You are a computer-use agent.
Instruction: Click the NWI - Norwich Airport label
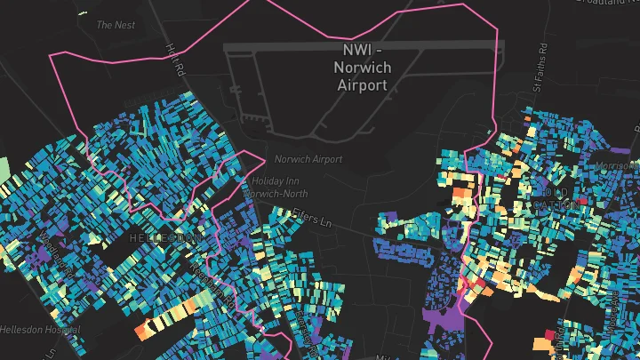click(362, 66)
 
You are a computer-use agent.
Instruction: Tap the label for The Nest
click(116, 25)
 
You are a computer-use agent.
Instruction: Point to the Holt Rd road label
click(173, 61)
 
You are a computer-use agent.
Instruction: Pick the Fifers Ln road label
click(310, 217)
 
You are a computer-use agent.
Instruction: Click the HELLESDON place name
click(162, 238)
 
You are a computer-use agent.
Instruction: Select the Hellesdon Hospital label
click(40, 329)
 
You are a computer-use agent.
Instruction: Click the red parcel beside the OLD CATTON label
click(583, 202)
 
